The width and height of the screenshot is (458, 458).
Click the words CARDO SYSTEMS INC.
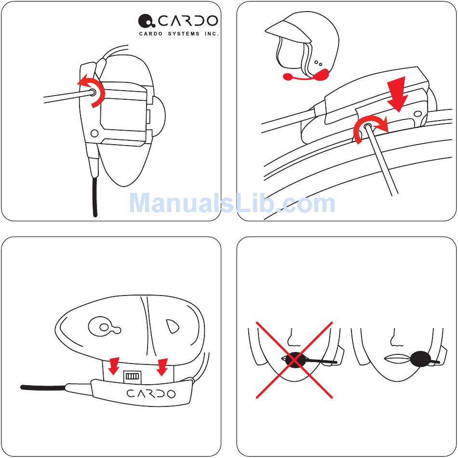tap(179, 34)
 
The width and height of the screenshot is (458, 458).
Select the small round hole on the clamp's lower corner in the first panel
tap(94, 134)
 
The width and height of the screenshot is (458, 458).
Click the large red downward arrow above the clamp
tap(397, 94)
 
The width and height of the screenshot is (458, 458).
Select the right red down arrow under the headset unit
tap(162, 367)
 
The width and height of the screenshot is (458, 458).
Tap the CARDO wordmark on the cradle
tap(151, 394)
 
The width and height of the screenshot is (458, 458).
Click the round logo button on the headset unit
tap(104, 327)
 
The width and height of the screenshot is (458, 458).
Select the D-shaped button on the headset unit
tap(172, 326)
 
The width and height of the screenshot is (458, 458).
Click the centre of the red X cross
tap(295, 360)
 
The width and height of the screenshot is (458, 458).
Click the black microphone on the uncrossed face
tap(420, 359)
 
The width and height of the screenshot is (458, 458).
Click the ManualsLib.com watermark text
tap(232, 203)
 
